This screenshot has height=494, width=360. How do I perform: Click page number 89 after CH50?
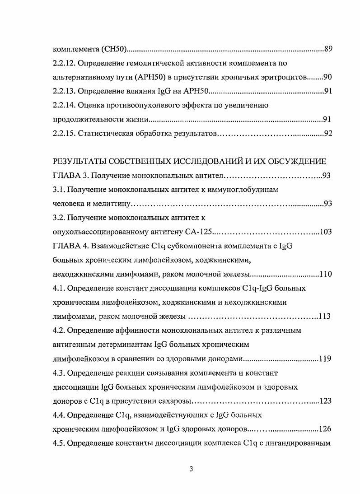coord(328,49)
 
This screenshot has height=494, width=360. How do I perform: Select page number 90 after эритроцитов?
coord(327,77)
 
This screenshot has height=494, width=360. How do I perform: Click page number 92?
coord(328,134)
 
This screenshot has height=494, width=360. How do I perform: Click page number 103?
coord(326,232)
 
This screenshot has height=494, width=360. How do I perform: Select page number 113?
coord(324,317)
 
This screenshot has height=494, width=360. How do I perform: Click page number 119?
coord(326,359)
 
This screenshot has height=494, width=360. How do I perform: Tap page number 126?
coord(326,429)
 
